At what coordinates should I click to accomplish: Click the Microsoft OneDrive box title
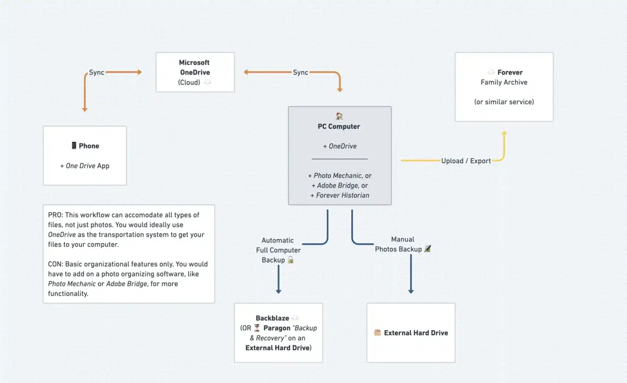click(x=194, y=67)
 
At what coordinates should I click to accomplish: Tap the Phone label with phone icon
click(x=85, y=146)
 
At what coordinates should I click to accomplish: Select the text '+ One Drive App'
click(x=85, y=166)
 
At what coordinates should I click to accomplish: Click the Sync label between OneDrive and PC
click(x=300, y=72)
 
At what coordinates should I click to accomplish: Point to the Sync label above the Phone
click(x=96, y=72)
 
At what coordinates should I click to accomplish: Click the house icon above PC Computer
click(x=339, y=116)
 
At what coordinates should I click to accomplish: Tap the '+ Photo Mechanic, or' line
click(x=340, y=176)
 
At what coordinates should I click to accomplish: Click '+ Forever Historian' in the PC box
click(x=340, y=195)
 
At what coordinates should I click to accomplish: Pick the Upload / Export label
click(x=466, y=161)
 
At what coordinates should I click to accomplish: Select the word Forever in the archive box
click(x=509, y=72)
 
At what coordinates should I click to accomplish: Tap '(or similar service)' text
click(x=504, y=102)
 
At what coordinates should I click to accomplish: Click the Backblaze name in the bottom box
click(x=272, y=318)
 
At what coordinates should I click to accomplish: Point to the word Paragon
click(x=277, y=328)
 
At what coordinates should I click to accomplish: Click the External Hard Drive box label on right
click(x=415, y=333)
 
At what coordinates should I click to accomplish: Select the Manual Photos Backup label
click(x=398, y=244)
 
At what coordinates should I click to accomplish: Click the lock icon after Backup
click(x=291, y=260)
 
